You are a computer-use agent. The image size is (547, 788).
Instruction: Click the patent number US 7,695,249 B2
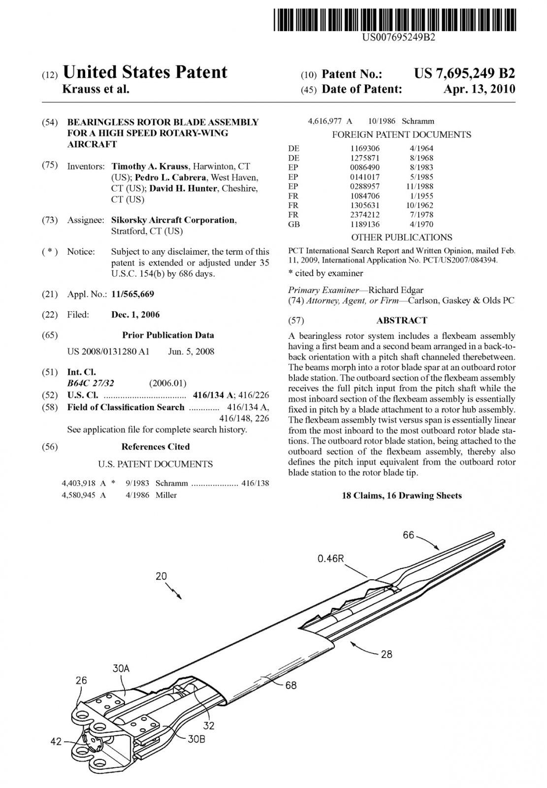click(x=464, y=74)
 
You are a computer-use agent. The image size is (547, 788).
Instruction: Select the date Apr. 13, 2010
click(x=479, y=89)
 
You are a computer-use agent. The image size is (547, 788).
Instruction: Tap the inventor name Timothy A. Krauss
click(x=150, y=166)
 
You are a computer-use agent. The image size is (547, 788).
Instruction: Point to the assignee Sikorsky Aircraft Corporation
click(x=173, y=220)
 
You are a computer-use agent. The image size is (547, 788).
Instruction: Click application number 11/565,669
click(x=132, y=295)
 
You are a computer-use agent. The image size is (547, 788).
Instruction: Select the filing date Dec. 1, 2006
click(x=135, y=315)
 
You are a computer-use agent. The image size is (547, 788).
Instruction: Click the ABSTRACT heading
click(x=402, y=321)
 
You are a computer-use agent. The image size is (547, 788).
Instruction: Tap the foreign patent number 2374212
click(x=365, y=215)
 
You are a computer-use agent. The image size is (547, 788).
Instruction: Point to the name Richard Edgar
click(x=395, y=290)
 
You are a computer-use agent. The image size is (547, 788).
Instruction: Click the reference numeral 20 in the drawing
click(x=161, y=576)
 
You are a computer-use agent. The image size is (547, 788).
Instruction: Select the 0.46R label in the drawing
click(x=330, y=558)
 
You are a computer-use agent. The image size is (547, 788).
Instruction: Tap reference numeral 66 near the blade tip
click(x=409, y=535)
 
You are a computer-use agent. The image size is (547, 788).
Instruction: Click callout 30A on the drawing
click(x=121, y=668)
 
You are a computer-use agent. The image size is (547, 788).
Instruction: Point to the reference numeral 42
click(x=56, y=741)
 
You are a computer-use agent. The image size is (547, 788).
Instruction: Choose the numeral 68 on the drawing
click(x=291, y=685)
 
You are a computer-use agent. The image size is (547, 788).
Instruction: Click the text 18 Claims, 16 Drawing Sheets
click(x=402, y=496)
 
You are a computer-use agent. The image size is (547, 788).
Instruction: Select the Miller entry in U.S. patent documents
click(x=166, y=495)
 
